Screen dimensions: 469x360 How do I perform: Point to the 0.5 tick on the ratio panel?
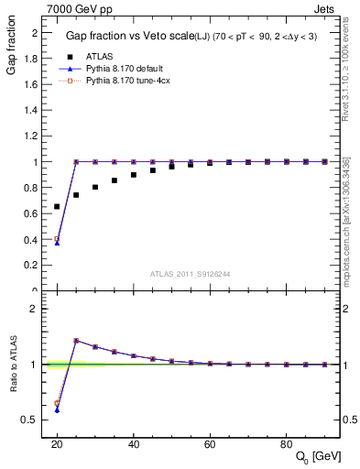[32, 420]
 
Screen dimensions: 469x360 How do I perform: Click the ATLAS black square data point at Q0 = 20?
[57, 207]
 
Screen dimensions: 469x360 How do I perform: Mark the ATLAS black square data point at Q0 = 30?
[95, 187]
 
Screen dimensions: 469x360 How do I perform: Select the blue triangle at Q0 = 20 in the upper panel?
[57, 243]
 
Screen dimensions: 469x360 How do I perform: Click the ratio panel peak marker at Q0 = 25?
[76, 341]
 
